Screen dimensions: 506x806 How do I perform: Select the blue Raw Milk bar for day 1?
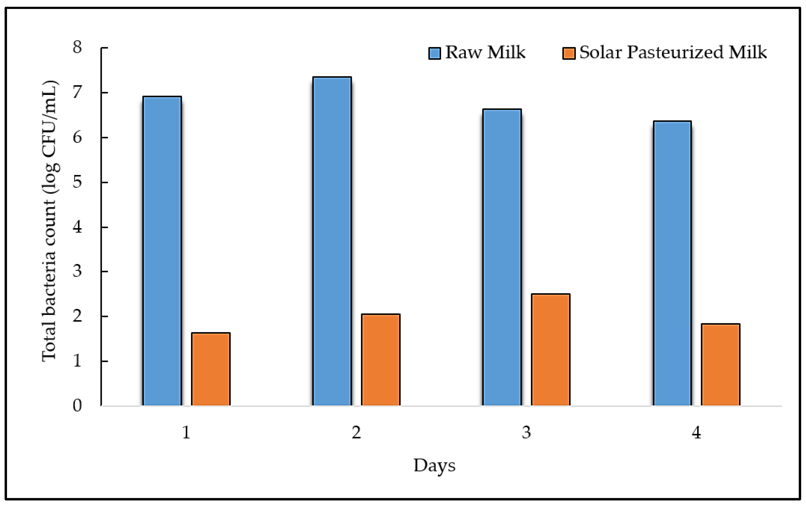[x=162, y=251]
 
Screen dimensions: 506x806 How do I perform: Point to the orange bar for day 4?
[x=720, y=365]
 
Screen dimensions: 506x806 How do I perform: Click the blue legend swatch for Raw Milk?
[x=435, y=53]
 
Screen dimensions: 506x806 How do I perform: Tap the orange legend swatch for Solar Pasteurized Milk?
[x=569, y=53]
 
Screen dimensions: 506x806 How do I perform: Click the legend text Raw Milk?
[x=485, y=52]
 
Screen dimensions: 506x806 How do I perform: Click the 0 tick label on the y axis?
[x=77, y=406]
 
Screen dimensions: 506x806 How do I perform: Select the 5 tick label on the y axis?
[x=77, y=182]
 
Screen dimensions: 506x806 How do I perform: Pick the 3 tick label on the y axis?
[x=77, y=271]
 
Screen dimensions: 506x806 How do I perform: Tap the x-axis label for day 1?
[x=186, y=433]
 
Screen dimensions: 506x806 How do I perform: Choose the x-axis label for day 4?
[x=696, y=433]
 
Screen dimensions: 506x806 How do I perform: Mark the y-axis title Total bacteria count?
[x=50, y=221]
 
